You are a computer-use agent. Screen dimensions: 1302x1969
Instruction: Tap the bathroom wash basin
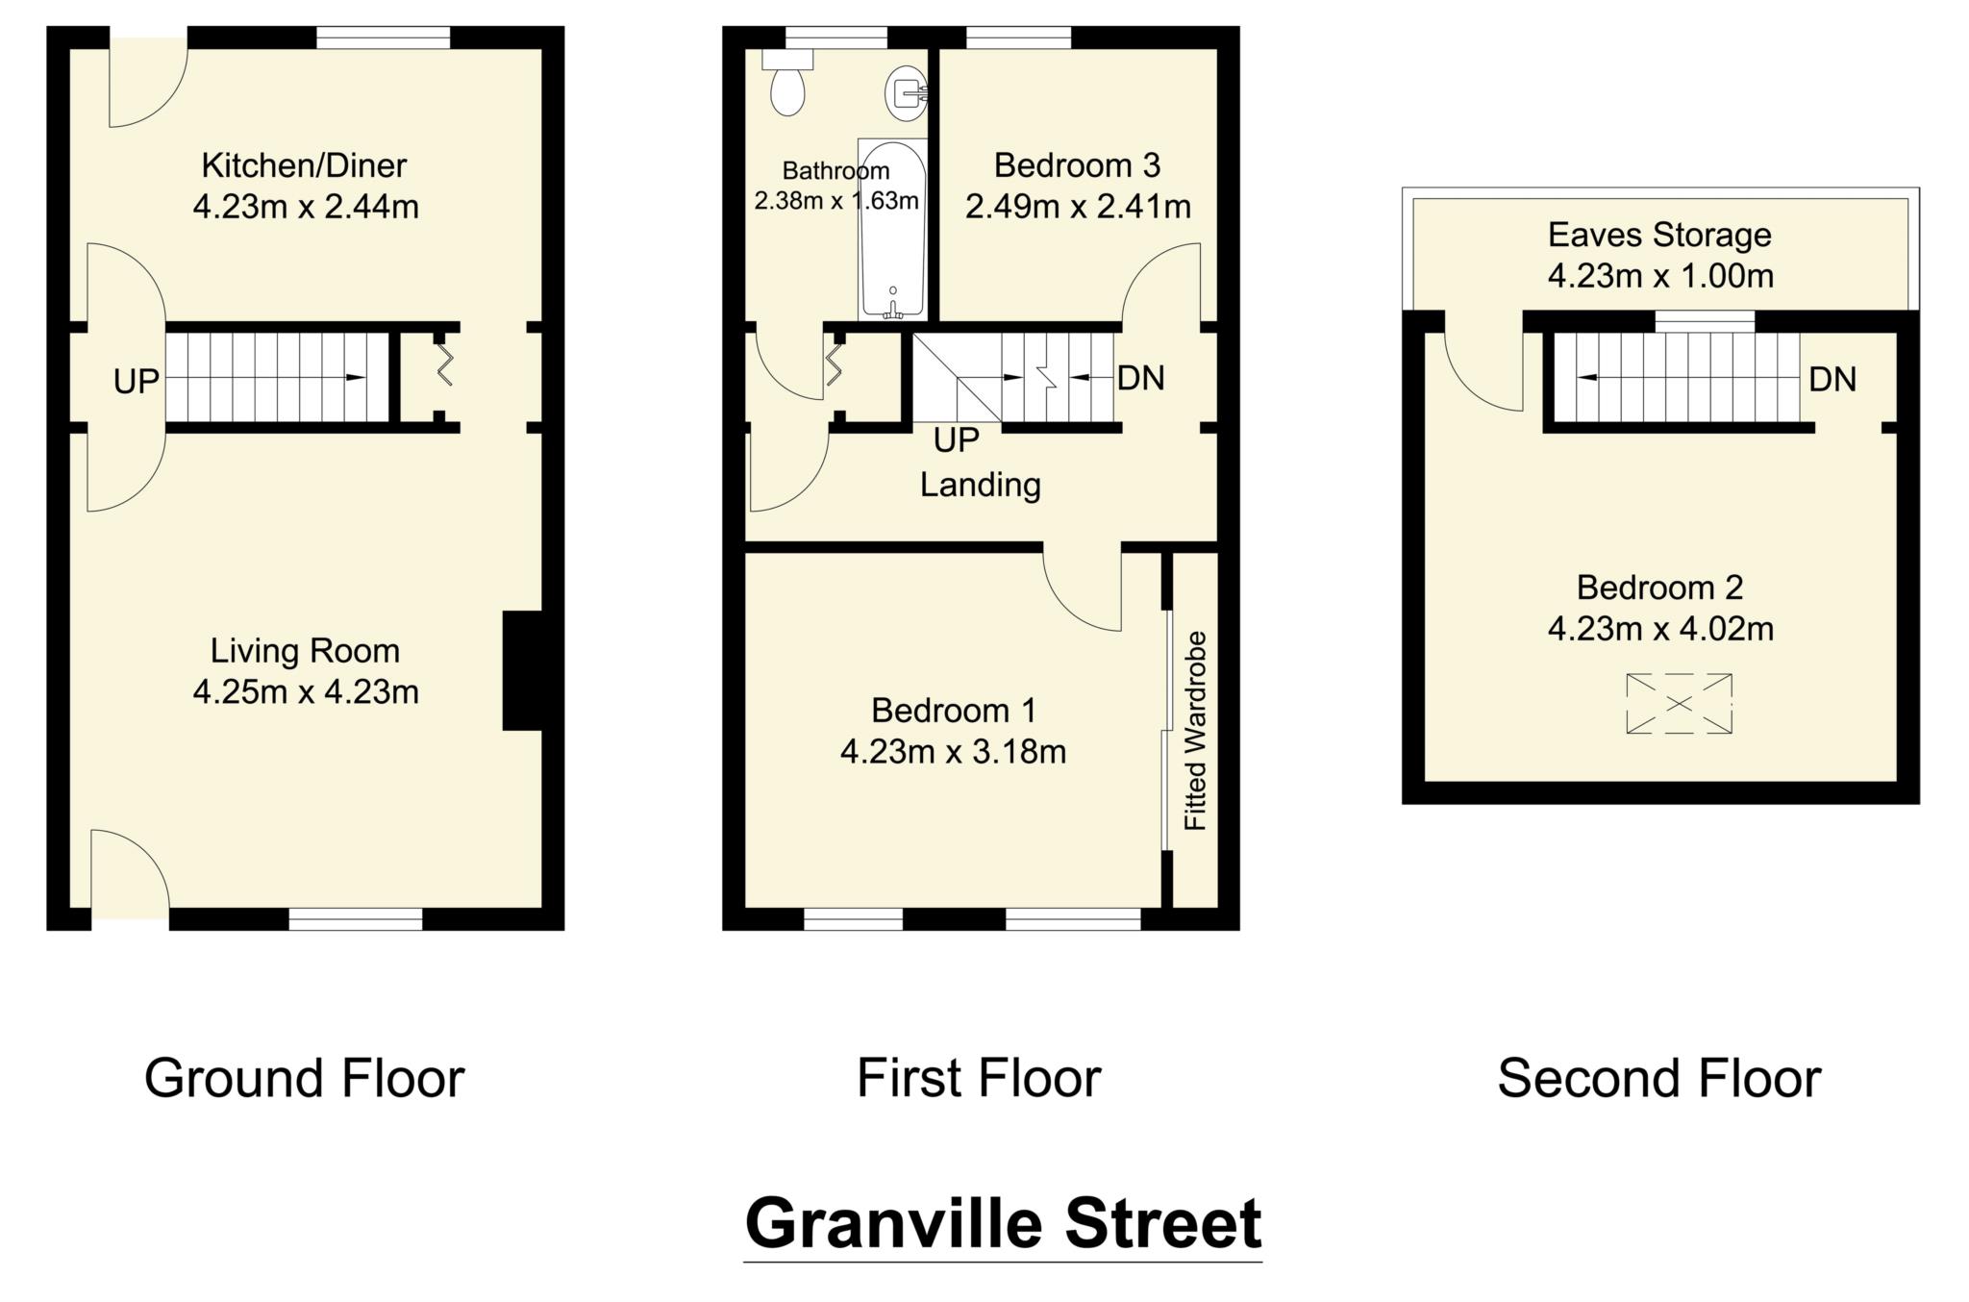coord(905,93)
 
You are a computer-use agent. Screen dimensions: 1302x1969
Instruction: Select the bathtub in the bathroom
coord(892,231)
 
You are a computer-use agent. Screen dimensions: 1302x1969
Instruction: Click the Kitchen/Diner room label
coord(304,165)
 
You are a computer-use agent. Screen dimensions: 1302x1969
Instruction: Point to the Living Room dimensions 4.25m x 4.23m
coord(306,691)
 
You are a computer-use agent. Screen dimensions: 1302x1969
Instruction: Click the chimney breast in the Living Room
coord(522,670)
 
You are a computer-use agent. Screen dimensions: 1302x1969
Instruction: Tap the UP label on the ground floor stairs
coord(136,382)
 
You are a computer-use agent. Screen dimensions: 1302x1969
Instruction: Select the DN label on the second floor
coord(1832,380)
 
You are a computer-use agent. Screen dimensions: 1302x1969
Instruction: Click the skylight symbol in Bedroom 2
coord(1679,704)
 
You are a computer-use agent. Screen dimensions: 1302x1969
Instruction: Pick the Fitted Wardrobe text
coord(1195,731)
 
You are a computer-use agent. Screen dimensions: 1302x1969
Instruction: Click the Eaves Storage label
coord(1659,235)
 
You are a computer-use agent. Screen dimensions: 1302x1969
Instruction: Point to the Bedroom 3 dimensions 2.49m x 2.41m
coord(1078,207)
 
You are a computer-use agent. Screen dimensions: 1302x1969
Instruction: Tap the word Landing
coord(980,484)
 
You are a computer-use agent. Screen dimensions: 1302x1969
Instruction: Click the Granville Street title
coord(1003,1224)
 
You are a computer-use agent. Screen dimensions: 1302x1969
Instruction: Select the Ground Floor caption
coord(305,1078)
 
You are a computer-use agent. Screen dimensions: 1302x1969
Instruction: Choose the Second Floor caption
coord(1658,1078)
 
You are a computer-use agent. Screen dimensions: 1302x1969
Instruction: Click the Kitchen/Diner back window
coord(383,38)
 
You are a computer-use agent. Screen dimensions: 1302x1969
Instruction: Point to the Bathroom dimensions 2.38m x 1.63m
coord(835,202)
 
